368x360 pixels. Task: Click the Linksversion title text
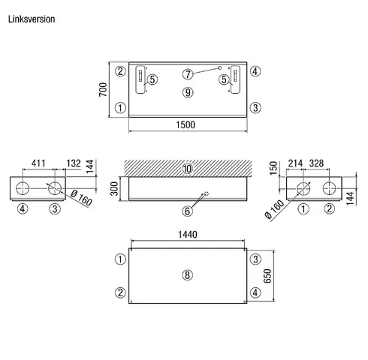pos(32,19)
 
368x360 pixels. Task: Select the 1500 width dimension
pos(186,124)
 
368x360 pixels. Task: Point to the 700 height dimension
pos(103,89)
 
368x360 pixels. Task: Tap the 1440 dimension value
pos(188,235)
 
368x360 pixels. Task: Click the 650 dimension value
pos(267,276)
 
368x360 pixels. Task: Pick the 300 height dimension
pos(114,188)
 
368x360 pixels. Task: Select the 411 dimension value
pos(38,163)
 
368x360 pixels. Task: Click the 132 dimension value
pos(74,163)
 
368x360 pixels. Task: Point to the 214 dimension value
pos(295,163)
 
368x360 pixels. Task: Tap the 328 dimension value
pos(316,163)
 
